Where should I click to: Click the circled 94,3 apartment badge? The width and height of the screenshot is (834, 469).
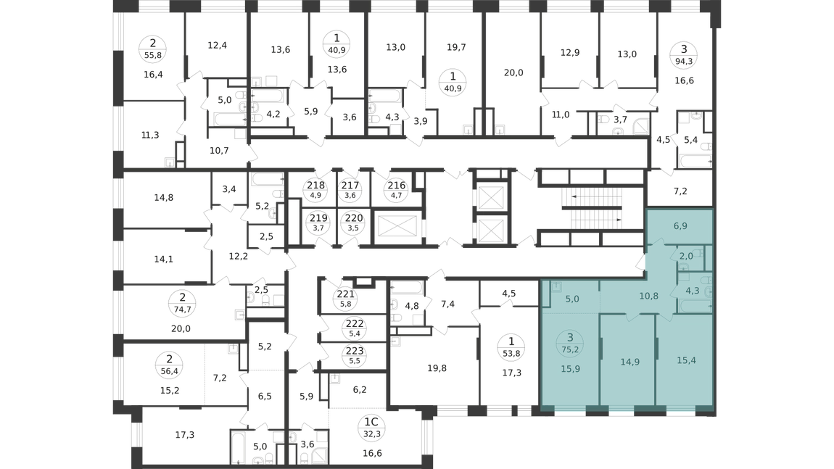[684, 54]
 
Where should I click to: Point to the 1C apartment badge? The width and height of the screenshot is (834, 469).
[371, 427]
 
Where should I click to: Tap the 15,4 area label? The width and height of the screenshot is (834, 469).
[686, 360]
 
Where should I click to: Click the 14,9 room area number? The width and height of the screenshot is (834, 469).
[629, 362]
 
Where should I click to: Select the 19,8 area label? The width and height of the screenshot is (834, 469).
[437, 368]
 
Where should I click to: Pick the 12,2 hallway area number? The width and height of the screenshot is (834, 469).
[239, 257]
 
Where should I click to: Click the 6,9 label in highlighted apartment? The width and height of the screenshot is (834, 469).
[680, 226]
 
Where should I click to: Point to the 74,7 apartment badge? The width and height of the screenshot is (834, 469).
[183, 303]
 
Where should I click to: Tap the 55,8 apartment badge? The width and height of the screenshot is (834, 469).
[152, 49]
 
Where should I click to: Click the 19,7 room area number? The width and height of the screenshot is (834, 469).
[456, 47]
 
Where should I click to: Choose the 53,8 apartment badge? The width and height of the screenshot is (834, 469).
[511, 347]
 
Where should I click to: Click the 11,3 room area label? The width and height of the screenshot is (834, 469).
[150, 135]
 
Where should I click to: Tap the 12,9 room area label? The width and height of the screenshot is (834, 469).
[569, 53]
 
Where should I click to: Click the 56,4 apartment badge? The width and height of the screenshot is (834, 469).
[170, 365]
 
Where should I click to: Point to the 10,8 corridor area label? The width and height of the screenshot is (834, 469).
[648, 296]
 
